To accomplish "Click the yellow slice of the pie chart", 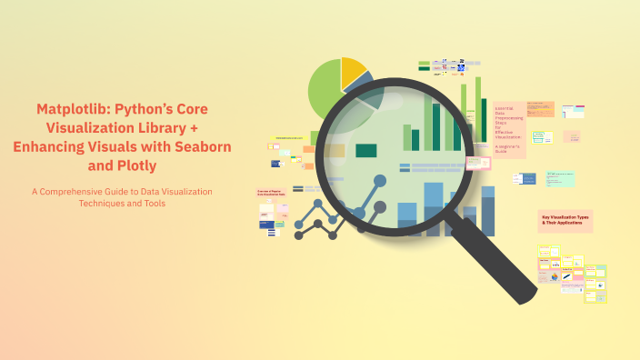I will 352,74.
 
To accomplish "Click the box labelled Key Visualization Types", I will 565,220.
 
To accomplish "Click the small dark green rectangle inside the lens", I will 365,150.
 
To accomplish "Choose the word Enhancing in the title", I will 51,146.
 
